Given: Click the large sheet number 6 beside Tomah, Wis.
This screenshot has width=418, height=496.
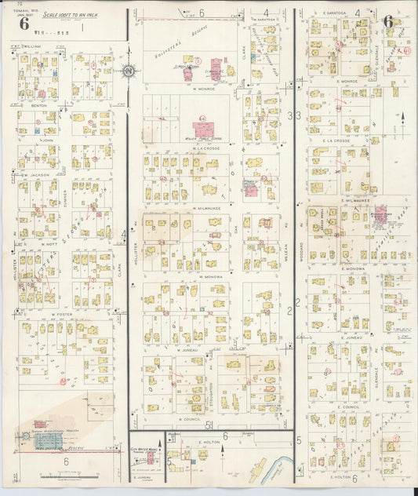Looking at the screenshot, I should coord(24,23).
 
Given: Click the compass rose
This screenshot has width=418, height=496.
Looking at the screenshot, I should coord(128,73).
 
